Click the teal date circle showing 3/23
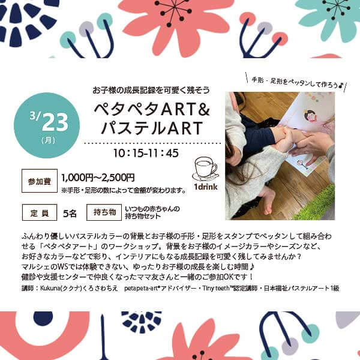[x=47, y=125]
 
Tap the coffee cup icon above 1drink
[x=205, y=169]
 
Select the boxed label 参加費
[x=40, y=181]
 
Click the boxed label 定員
[x=40, y=212]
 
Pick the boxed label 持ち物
[x=104, y=212]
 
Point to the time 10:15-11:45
[x=146, y=153]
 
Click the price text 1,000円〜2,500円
[x=98, y=178]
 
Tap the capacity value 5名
[x=70, y=214]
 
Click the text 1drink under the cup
[x=205, y=187]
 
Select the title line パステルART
[x=152, y=128]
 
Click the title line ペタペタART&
[x=152, y=109]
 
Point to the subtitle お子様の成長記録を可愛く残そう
[x=151, y=90]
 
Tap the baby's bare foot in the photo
[x=268, y=201]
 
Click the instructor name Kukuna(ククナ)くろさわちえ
[x=79, y=288]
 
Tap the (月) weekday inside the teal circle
[x=49, y=140]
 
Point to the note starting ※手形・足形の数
[x=124, y=190]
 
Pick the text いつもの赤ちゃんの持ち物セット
[x=152, y=212]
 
